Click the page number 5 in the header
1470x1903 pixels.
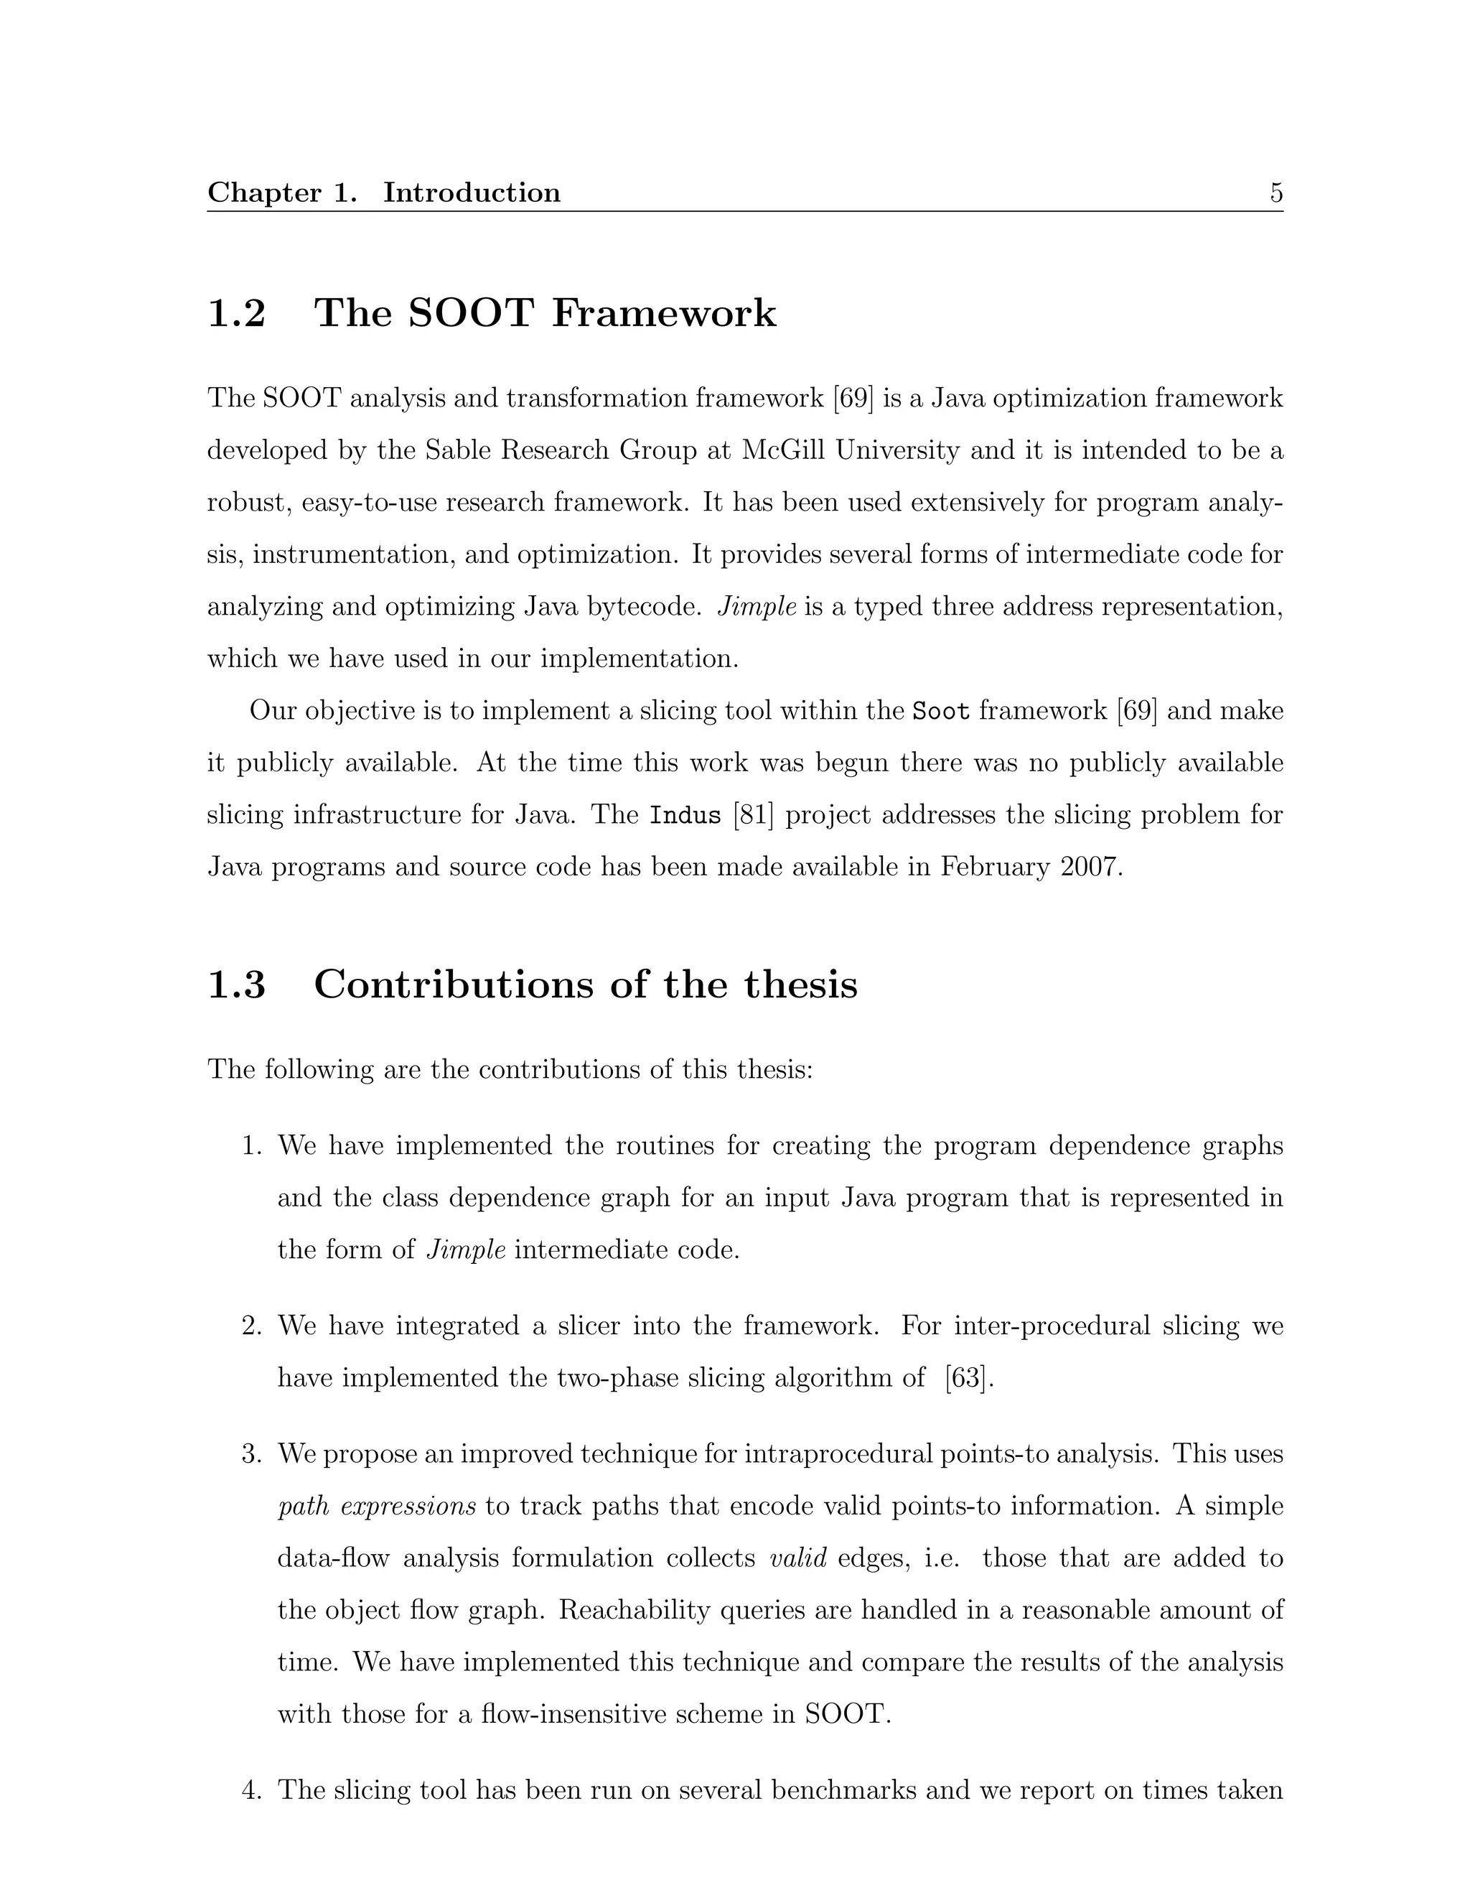(1275, 192)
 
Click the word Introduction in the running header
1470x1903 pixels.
(472, 192)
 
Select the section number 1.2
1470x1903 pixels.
(236, 314)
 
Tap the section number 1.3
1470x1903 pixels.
(236, 985)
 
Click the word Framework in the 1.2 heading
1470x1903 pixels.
(664, 314)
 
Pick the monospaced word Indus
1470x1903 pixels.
(685, 816)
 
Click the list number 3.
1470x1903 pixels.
(252, 1454)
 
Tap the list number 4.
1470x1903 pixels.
(252, 1790)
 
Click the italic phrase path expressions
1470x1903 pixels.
(376, 1507)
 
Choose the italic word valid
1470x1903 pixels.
(797, 1558)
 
